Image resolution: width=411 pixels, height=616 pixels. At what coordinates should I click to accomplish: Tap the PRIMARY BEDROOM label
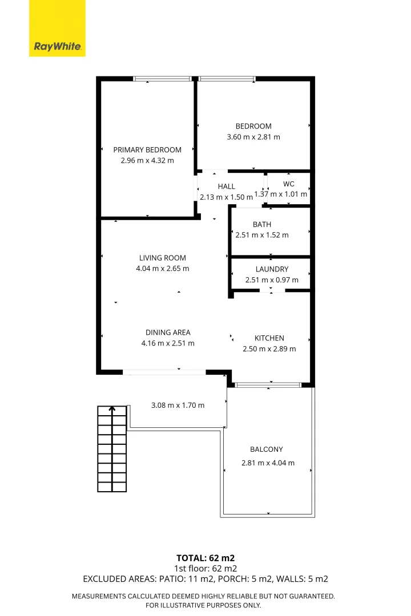pyautogui.click(x=147, y=149)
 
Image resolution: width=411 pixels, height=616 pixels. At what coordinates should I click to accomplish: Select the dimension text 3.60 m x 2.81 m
pyautogui.click(x=253, y=137)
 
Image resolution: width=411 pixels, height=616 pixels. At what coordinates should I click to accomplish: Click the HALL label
pyautogui.click(x=226, y=187)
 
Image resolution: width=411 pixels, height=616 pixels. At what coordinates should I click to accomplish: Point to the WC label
pyautogui.click(x=288, y=184)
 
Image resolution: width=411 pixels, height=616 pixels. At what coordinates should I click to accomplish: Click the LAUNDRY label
pyautogui.click(x=272, y=269)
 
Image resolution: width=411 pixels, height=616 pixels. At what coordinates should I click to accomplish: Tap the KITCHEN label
pyautogui.click(x=269, y=338)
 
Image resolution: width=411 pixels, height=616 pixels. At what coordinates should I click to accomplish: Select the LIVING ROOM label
pyautogui.click(x=163, y=258)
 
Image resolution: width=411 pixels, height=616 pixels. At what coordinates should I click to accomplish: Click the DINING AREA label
pyautogui.click(x=168, y=333)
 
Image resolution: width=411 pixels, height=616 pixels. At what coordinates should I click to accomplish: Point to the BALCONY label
pyautogui.click(x=266, y=449)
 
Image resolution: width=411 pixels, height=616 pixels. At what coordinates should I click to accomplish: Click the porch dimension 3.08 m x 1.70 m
pyautogui.click(x=178, y=406)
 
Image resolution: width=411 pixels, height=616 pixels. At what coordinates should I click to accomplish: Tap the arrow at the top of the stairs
pyautogui.click(x=112, y=409)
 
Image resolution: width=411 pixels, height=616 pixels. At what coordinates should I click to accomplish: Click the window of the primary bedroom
pyautogui.click(x=162, y=79)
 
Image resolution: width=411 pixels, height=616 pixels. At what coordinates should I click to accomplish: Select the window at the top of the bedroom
pyautogui.click(x=227, y=79)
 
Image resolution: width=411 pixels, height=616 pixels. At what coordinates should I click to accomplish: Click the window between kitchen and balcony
pyautogui.click(x=268, y=385)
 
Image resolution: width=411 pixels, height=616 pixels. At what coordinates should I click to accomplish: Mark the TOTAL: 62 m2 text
pyautogui.click(x=205, y=558)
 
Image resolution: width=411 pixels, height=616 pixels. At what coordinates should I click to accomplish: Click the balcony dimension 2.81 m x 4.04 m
pyautogui.click(x=268, y=463)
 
